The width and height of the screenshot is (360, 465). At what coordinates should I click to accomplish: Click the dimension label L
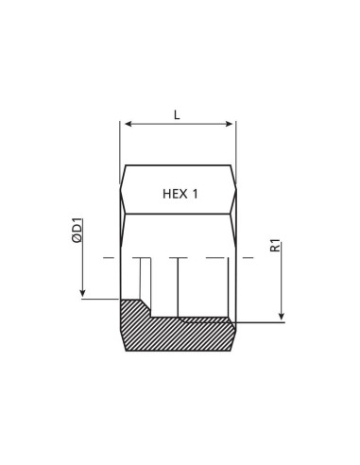coord(177,115)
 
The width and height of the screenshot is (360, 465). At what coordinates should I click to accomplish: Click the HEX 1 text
coord(180,194)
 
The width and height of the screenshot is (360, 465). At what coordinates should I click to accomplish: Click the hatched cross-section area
coord(180,335)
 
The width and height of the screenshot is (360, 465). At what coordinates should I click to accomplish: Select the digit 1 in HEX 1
coord(195,194)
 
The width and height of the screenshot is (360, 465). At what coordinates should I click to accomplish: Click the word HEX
coord(174,194)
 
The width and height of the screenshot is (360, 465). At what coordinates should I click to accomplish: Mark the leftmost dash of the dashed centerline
coord(109,257)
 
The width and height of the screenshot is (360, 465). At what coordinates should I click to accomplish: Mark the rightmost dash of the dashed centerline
coord(248,257)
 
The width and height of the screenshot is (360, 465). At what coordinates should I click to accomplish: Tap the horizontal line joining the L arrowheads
coord(179,124)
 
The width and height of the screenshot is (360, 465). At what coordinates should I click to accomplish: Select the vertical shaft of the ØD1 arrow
coord(83,269)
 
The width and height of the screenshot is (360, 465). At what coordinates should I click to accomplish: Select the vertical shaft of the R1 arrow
coord(281,284)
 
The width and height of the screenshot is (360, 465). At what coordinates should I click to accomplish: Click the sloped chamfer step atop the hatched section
coord(146,308)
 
